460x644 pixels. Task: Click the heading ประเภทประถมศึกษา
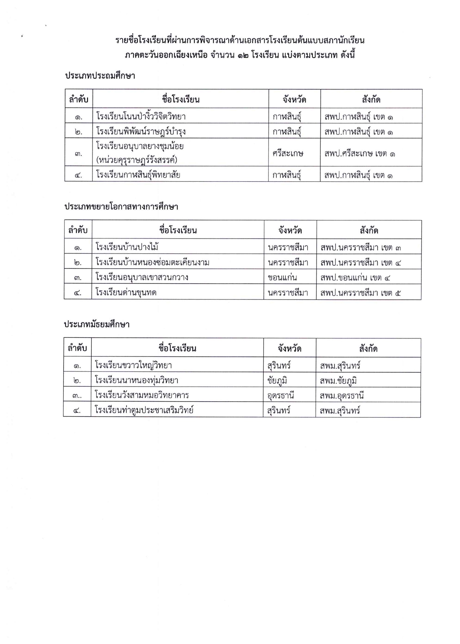pyautogui.click(x=100, y=76)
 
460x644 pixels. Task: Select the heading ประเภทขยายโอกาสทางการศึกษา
pyautogui.click(x=121, y=207)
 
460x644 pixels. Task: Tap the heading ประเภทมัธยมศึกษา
pyautogui.click(x=97, y=324)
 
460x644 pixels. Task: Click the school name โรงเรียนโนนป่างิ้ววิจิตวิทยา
pyautogui.click(x=141, y=116)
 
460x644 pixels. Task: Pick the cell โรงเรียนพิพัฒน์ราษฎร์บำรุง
pyautogui.click(x=141, y=132)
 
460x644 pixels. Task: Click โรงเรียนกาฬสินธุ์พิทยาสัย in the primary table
pyautogui.click(x=138, y=175)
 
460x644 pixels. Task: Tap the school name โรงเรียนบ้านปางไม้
pyautogui.click(x=127, y=247)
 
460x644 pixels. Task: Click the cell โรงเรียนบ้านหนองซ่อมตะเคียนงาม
pyautogui.click(x=152, y=262)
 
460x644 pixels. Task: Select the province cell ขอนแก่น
pyautogui.click(x=282, y=277)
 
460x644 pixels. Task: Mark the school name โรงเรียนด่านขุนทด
pyautogui.click(x=126, y=292)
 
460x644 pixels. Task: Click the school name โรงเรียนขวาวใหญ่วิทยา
pyautogui.click(x=133, y=365)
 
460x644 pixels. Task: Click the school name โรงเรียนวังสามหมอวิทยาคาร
pyautogui.click(x=142, y=395)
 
